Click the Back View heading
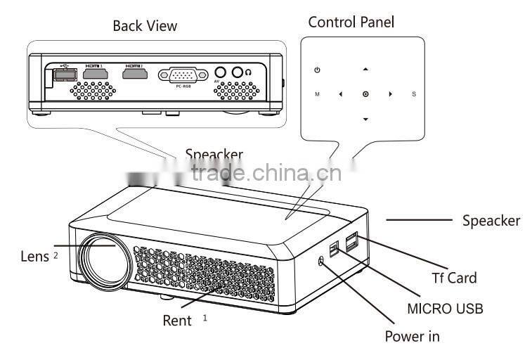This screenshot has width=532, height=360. coord(145,26)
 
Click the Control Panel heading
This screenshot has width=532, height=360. coord(351,22)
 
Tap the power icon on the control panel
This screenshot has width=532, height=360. coord(318,70)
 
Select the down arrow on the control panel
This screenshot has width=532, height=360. coord(365,119)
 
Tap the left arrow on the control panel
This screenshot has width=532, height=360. coord(340,94)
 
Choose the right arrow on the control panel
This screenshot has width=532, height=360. coord(390,94)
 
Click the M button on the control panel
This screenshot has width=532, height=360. coord(317,94)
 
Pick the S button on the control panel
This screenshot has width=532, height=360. coord(414,94)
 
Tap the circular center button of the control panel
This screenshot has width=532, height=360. coord(365,94)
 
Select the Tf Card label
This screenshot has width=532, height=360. coord(453,278)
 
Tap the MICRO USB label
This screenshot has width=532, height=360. coord(445,308)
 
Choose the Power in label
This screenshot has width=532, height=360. coord(412,336)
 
